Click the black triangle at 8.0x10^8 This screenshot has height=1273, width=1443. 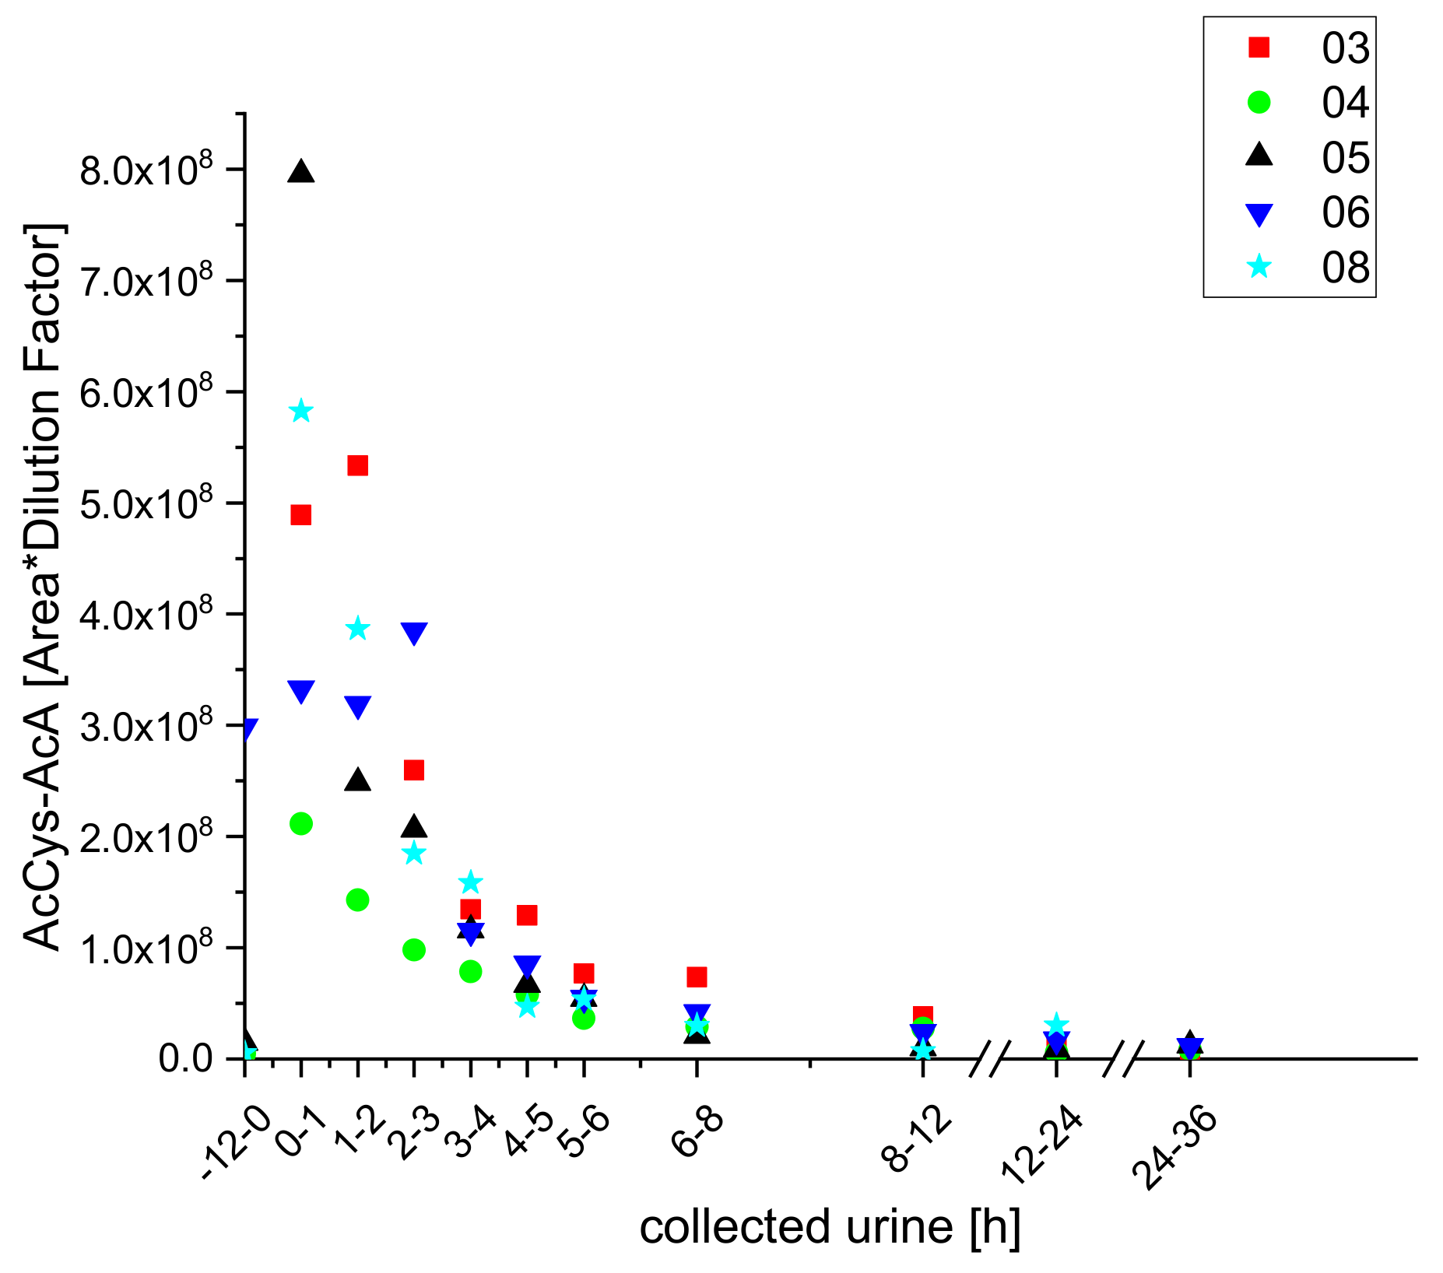point(301,172)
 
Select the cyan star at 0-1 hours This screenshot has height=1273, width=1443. point(301,411)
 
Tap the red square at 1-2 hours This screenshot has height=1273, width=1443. point(357,465)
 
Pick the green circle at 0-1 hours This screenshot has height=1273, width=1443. point(301,823)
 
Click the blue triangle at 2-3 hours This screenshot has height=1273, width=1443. point(414,633)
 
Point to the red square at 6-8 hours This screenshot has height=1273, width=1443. point(697,977)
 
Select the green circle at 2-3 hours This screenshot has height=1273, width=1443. point(414,949)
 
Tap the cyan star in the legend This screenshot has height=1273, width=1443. point(1259,268)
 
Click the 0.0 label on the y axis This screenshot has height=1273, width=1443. point(185,1059)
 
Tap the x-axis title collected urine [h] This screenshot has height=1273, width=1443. point(829,1228)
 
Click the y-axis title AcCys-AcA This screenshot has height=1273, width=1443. point(43,587)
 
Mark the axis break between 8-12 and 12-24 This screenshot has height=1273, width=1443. point(990,1059)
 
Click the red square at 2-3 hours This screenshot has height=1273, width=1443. point(414,770)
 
